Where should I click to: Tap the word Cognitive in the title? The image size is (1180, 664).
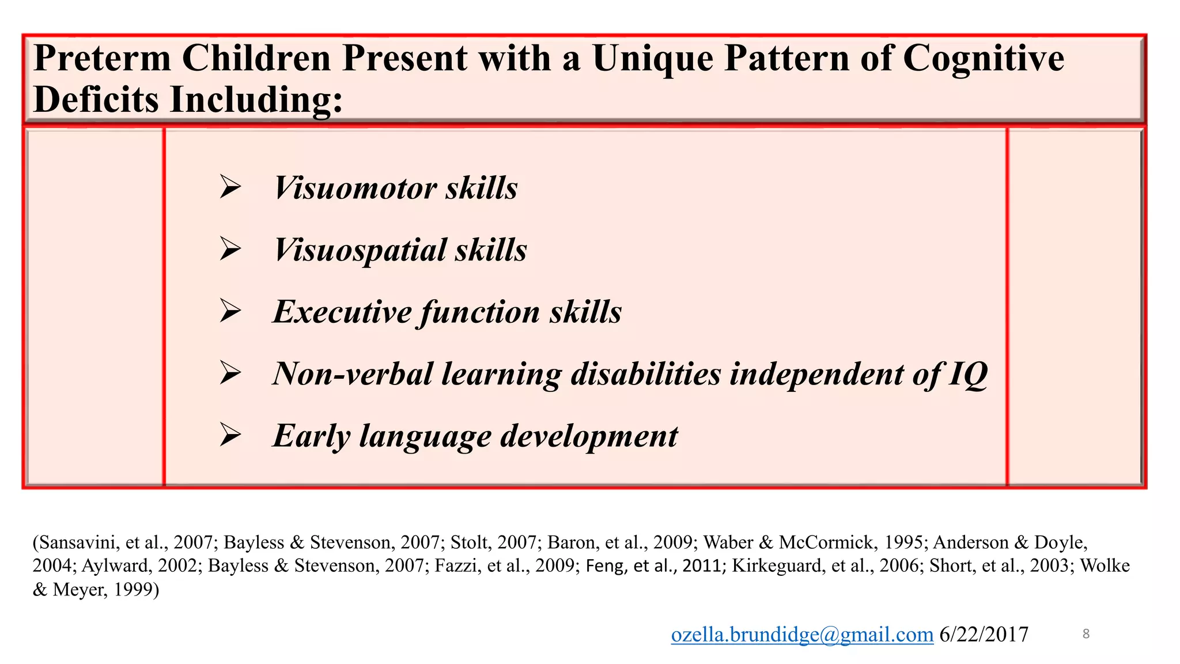(983, 58)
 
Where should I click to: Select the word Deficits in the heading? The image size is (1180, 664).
(96, 99)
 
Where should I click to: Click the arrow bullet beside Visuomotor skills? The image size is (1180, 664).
(230, 187)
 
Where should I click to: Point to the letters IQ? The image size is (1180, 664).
(968, 374)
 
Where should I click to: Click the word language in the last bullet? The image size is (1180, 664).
(425, 436)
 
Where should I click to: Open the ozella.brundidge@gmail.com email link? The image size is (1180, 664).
(801, 634)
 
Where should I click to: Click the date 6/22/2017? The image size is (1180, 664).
(984, 634)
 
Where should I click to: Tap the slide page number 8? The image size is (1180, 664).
(1086, 634)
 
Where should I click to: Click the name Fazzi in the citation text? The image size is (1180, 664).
(456, 565)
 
